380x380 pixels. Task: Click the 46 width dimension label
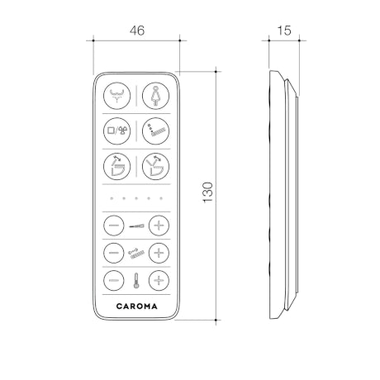click(x=137, y=31)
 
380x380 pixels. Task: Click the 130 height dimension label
click(x=208, y=192)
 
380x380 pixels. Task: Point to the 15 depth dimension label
click(x=284, y=31)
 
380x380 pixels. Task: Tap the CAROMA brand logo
click(x=137, y=306)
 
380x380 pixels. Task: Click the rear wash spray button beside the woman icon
click(x=116, y=96)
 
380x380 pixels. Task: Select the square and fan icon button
click(x=116, y=131)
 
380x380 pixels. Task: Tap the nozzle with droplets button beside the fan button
click(x=155, y=131)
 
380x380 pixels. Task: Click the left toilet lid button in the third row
click(x=116, y=166)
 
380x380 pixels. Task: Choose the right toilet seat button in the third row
click(x=155, y=166)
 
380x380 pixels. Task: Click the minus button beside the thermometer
click(x=114, y=281)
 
